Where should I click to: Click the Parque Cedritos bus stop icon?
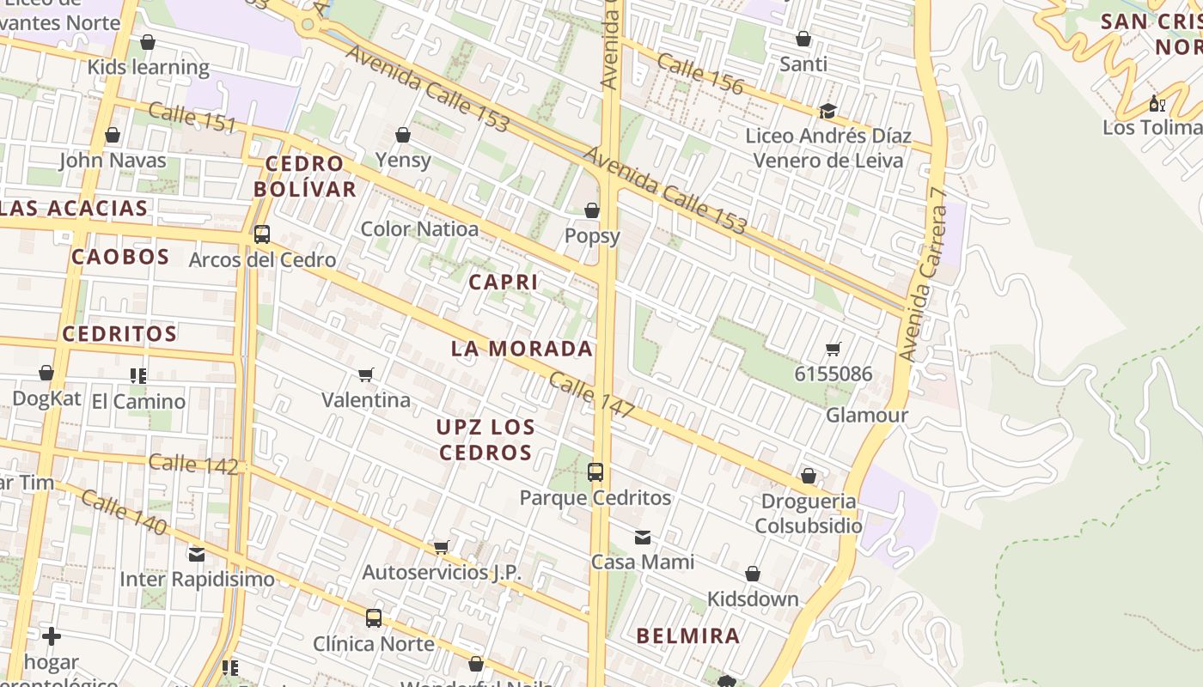point(595,471)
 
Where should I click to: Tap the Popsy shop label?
point(592,235)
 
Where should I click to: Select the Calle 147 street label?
point(591,396)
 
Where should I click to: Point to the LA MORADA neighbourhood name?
point(522,349)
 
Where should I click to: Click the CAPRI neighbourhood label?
point(504,282)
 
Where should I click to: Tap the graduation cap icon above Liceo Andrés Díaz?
point(827,111)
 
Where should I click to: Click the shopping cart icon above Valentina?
point(366,374)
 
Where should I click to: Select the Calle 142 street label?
point(192,464)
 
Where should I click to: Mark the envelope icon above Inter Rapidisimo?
point(197,554)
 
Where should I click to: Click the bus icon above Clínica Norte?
point(373,617)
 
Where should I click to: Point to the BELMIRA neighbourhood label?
point(687,636)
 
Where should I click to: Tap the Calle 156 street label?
point(699,72)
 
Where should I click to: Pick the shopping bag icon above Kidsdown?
point(753,574)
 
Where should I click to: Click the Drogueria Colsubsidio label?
point(808,514)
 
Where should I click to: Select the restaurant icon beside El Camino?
point(137,375)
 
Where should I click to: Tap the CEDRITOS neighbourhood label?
point(119,334)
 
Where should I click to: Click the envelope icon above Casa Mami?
point(642,538)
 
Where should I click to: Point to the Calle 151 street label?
point(192,117)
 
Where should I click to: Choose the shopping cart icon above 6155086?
point(833,349)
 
